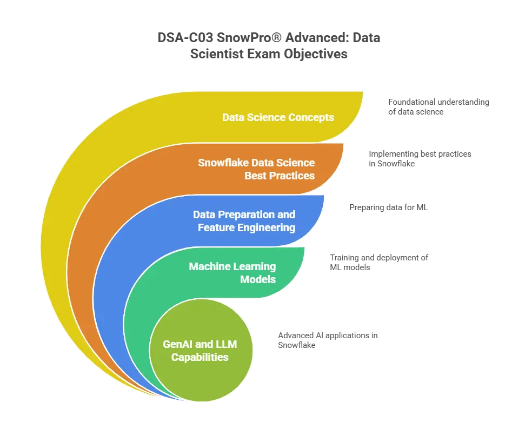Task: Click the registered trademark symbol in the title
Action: click(276, 38)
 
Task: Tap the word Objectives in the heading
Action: click(315, 54)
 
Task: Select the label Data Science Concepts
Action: click(278, 117)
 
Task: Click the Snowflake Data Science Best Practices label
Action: click(256, 169)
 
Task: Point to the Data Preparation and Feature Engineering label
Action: click(244, 221)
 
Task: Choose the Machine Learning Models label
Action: click(232, 273)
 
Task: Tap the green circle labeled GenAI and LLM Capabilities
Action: click(201, 350)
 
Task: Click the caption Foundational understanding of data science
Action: click(438, 107)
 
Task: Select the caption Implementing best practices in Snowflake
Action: click(420, 159)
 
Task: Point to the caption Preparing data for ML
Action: click(388, 207)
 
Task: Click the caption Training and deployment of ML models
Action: click(379, 263)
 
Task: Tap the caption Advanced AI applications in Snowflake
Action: click(328, 340)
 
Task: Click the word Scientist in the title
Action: click(217, 54)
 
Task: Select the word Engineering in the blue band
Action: click(267, 228)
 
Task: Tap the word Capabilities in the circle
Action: click(200, 357)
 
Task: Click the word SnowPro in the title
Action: click(244, 38)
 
